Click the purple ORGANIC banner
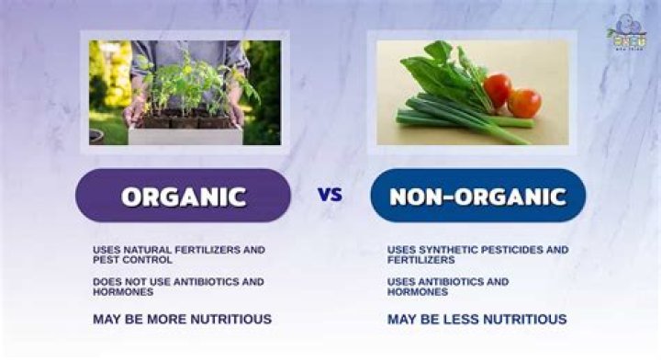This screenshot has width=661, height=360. (x=184, y=196)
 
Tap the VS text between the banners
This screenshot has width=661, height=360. (x=330, y=195)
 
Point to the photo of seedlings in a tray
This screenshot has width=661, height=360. (x=185, y=92)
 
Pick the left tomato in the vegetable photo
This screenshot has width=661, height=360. (x=498, y=89)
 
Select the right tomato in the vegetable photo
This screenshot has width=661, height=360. (x=525, y=102)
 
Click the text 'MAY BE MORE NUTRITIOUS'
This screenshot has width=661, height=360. (x=182, y=320)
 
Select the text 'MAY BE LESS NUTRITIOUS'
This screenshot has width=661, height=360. (x=476, y=320)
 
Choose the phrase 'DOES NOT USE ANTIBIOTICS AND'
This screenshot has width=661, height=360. (x=178, y=281)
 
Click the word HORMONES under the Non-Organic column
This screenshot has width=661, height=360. (x=418, y=292)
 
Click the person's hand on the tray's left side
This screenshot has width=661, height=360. (x=135, y=111)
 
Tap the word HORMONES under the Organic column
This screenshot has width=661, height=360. (x=123, y=292)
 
